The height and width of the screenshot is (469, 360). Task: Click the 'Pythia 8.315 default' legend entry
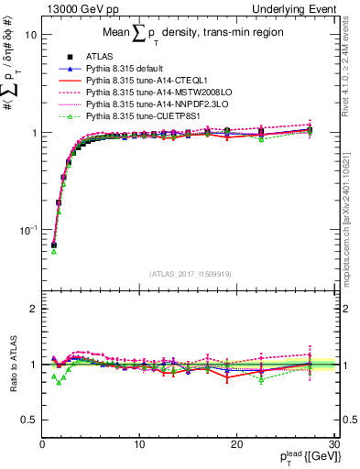point(124,69)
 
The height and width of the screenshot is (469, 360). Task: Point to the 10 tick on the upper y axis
point(29,35)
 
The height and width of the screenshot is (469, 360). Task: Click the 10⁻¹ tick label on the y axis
point(26,229)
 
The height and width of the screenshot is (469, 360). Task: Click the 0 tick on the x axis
point(42,444)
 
